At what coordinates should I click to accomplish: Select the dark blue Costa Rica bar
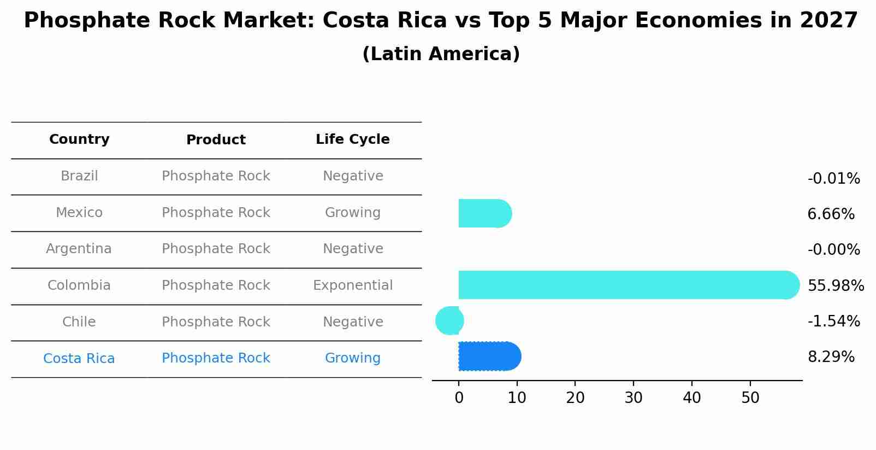point(489,357)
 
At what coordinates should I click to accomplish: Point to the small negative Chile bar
point(449,321)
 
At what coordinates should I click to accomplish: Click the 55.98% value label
point(835,286)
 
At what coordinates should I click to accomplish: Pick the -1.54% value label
point(833,322)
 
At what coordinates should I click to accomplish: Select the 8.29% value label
point(831,357)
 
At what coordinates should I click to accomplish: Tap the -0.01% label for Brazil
point(833,179)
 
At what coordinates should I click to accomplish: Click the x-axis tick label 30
point(634,398)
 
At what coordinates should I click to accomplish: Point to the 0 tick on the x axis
point(459,398)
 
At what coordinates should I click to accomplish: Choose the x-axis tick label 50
point(750,398)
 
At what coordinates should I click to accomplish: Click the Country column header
point(79,139)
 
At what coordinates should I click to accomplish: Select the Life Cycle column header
point(352,139)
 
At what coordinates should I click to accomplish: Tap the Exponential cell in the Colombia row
point(352,285)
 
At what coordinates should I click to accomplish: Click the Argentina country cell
point(79,249)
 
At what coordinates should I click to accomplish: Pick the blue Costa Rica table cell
point(79,359)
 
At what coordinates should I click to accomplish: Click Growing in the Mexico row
point(352,213)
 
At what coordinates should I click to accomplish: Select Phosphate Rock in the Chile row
point(216,322)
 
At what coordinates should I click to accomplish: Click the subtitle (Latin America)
point(441,54)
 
